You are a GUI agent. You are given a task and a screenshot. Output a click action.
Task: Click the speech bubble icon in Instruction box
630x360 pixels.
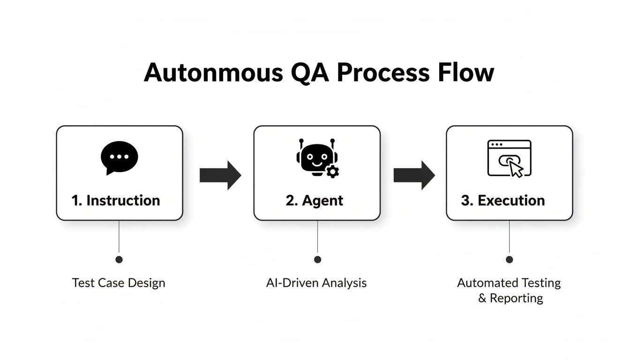pos(120,157)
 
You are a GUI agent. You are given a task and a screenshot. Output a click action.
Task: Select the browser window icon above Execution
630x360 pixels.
pos(509,158)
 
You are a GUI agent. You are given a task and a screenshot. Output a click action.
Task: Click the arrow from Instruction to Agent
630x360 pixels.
pos(220,175)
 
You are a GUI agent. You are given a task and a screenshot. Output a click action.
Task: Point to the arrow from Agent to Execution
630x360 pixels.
pos(414,175)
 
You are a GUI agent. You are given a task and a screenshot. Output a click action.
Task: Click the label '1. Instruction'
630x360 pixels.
pos(116,201)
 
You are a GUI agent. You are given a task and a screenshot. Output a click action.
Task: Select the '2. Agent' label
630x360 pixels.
pos(315,201)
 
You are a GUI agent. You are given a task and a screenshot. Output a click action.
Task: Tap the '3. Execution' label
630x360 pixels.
pos(503,201)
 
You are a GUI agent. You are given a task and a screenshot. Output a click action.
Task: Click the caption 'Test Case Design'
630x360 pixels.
pos(119,283)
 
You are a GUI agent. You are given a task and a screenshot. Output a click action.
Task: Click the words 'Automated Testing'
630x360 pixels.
pos(509,283)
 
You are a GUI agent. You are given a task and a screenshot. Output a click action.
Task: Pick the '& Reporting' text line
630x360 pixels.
pos(510,298)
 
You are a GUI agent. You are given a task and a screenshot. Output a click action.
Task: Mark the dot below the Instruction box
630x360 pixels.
pos(119,259)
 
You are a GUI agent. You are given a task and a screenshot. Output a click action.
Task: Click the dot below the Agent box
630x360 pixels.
pos(318,259)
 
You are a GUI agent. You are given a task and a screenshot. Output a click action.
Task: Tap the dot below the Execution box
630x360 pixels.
pos(510,259)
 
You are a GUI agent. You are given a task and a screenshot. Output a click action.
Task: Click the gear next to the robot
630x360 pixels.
pos(332,172)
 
